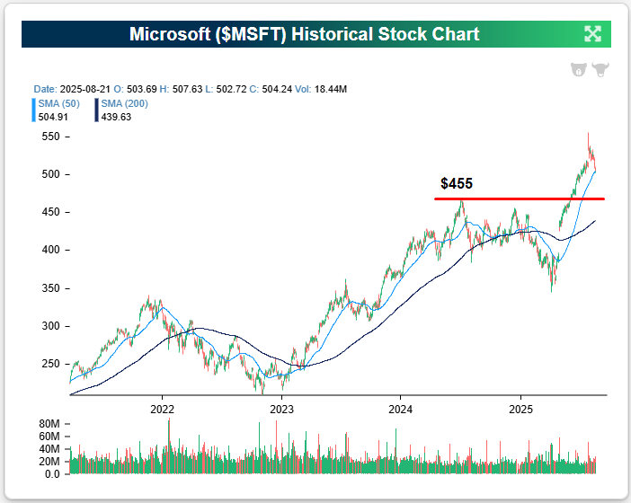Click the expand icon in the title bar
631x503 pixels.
pyautogui.click(x=592, y=34)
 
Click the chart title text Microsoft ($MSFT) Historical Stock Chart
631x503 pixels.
pyautogui.click(x=305, y=35)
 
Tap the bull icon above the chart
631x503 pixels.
pyautogui.click(x=600, y=70)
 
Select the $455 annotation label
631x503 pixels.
pyautogui.click(x=457, y=183)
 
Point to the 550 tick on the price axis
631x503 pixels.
pyautogui.click(x=50, y=137)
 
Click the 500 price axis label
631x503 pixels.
pyautogui.click(x=50, y=174)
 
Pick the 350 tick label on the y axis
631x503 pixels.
pyautogui.click(x=50, y=288)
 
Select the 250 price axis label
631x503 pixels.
pyautogui.click(x=50, y=364)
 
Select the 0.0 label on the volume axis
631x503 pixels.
pyautogui.click(x=51, y=473)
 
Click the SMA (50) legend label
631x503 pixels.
pyautogui.click(x=58, y=104)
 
